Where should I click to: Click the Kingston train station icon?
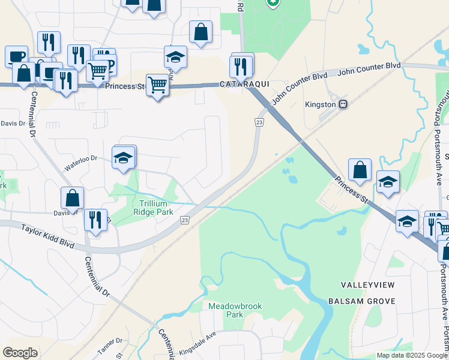click(x=343, y=104)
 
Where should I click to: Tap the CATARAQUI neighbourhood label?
click(x=243, y=85)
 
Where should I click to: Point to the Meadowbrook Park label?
click(x=235, y=310)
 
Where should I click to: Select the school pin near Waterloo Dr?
click(x=124, y=158)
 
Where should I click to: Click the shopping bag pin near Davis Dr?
click(x=72, y=198)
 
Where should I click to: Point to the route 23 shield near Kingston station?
click(x=259, y=122)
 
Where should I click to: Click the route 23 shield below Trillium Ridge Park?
click(x=185, y=221)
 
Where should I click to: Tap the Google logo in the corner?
click(x=20, y=353)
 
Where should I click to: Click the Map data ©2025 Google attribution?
click(x=412, y=355)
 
